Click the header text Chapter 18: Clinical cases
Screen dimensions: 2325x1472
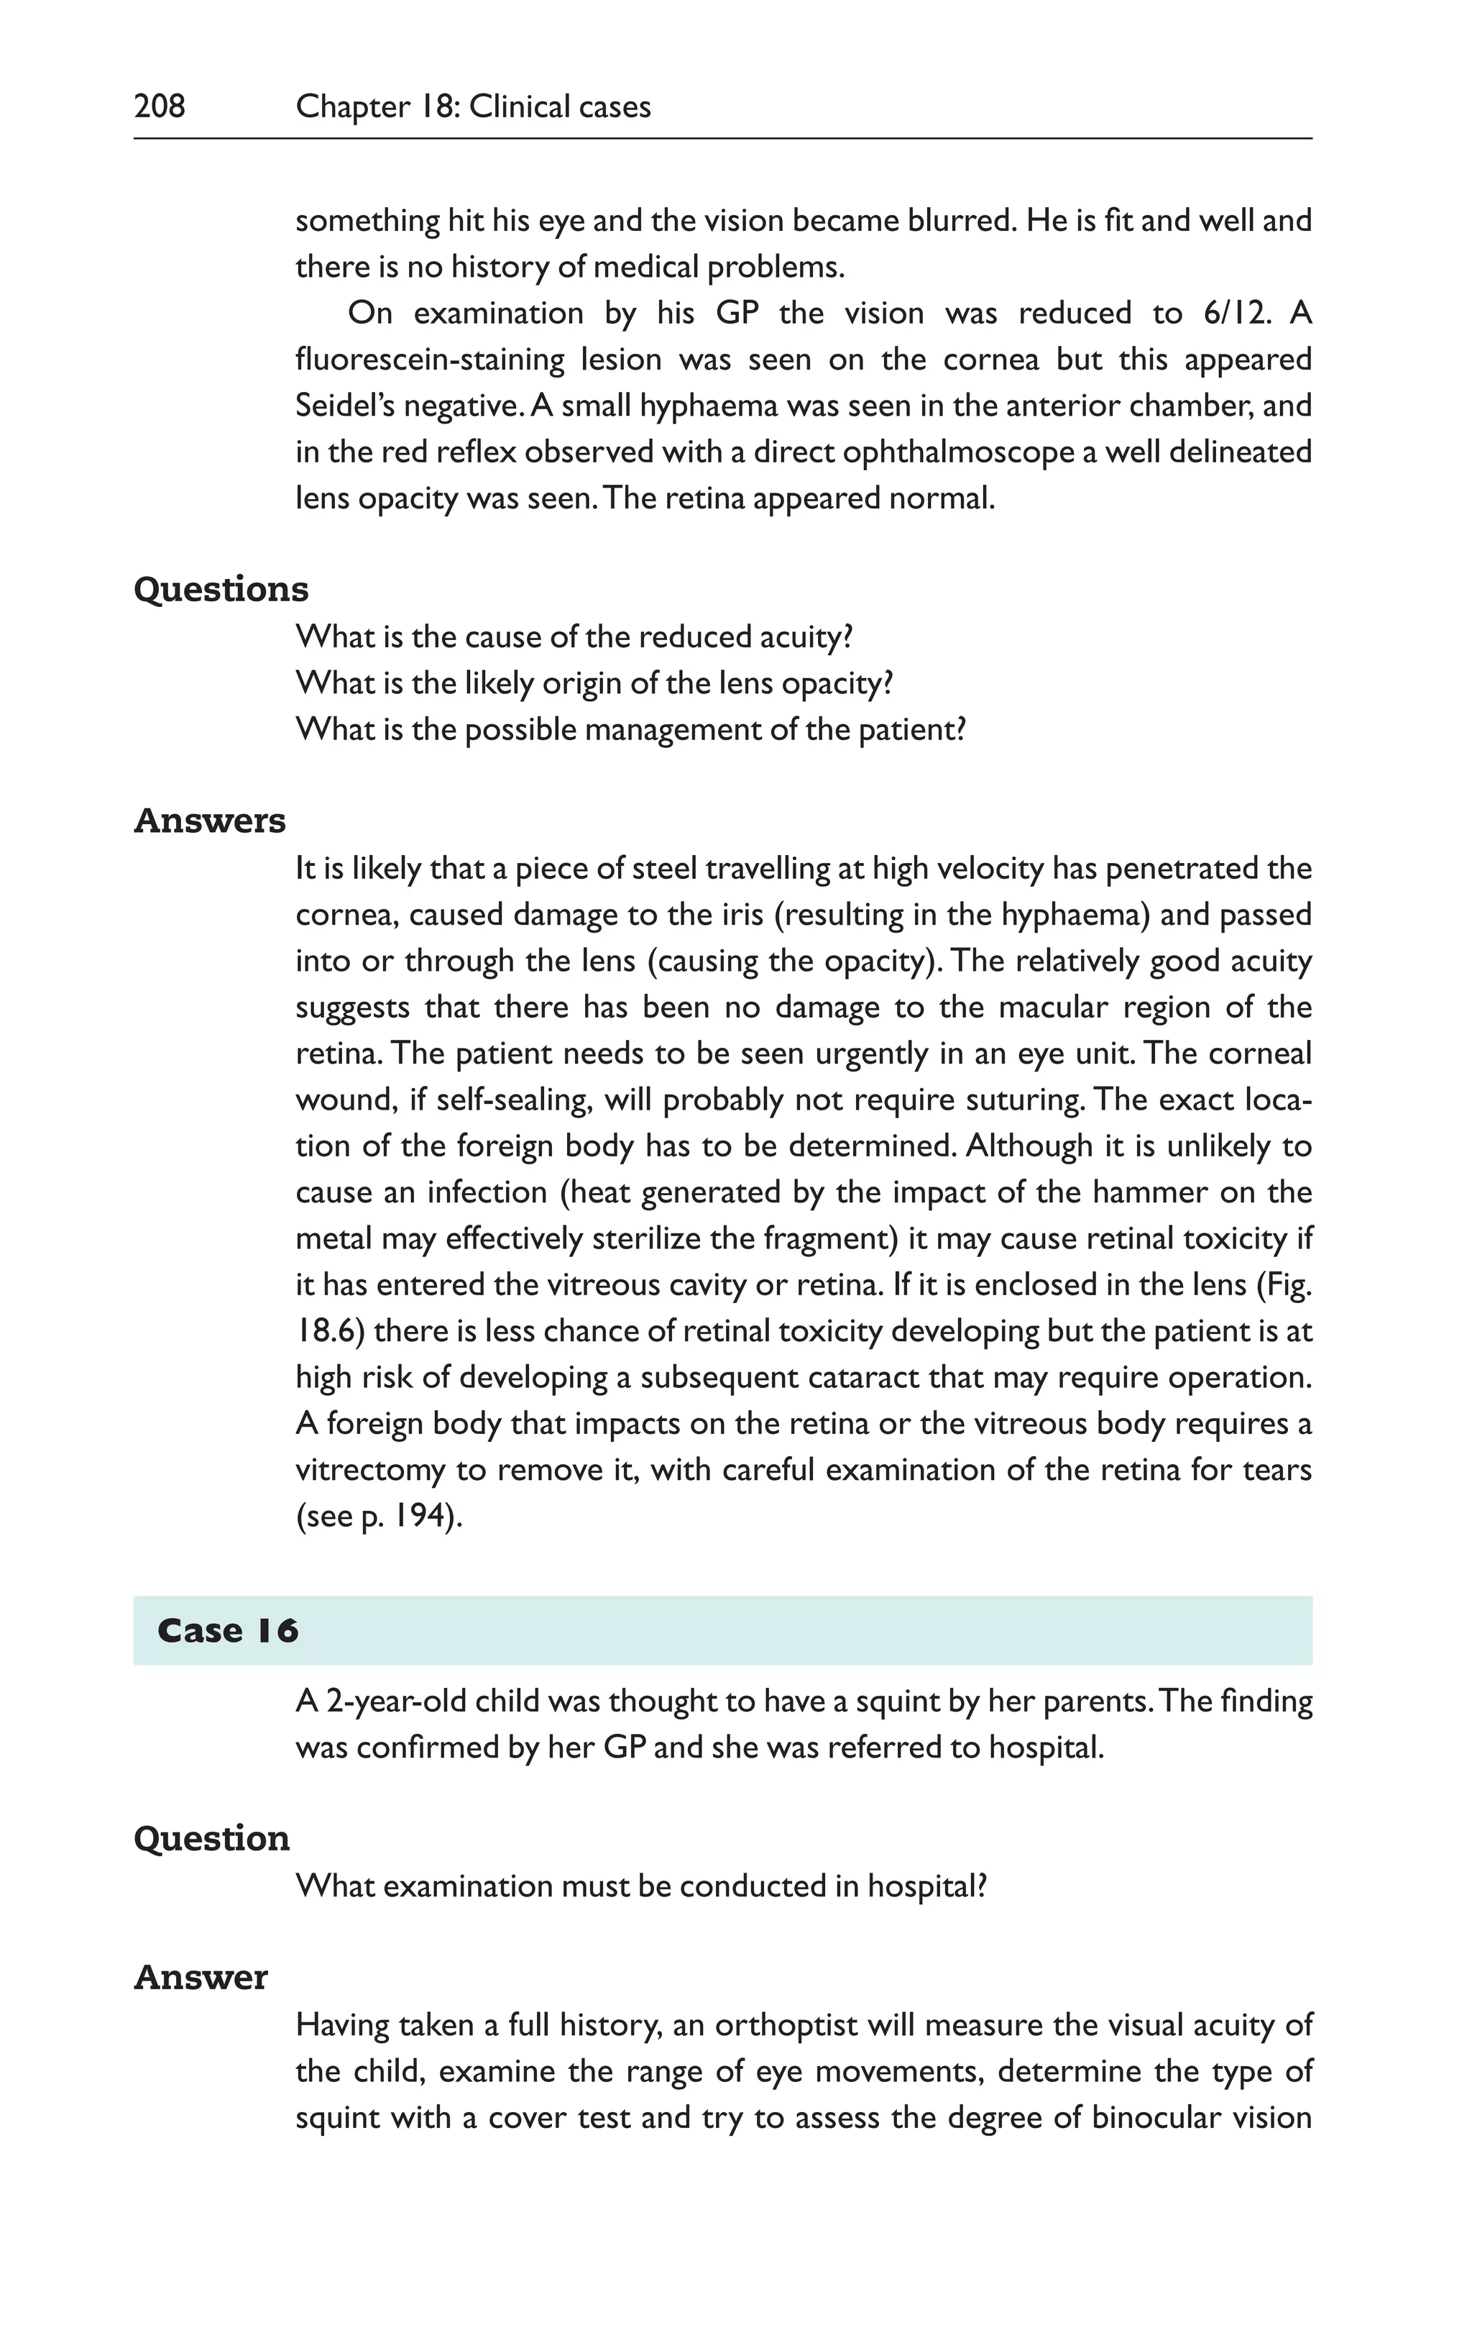click(x=473, y=106)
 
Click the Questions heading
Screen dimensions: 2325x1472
click(x=221, y=589)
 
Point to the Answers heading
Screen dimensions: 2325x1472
click(x=209, y=821)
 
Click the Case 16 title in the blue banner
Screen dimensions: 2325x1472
click(x=228, y=1631)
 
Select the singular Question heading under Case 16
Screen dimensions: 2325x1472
click(x=211, y=1838)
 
